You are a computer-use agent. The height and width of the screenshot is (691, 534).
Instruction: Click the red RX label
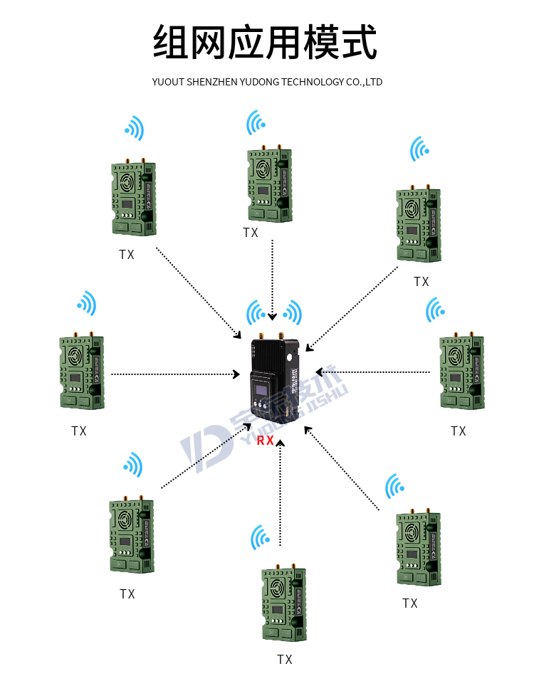pos(266,441)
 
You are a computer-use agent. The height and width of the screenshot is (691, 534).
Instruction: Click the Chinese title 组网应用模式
pos(266,43)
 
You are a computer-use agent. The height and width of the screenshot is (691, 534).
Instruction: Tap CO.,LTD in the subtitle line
pos(364,82)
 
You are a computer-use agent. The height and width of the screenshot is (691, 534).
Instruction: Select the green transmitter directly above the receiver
pos(270,185)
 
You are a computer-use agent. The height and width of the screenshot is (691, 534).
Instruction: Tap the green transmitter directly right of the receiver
pos(463,372)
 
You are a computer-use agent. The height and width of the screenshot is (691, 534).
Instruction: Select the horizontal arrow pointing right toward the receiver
pos(175,374)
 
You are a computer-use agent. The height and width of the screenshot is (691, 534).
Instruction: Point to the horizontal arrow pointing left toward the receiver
pos(375,371)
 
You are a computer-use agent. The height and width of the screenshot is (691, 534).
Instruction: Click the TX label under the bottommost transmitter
pos(285,660)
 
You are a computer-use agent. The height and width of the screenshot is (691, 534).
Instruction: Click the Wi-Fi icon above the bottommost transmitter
pos(261,538)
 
